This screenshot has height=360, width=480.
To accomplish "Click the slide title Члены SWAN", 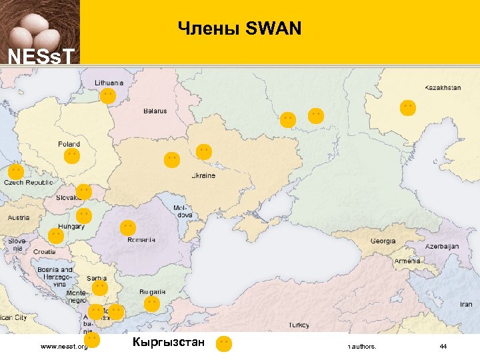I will click(239, 29).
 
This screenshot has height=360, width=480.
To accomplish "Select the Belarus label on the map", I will click(155, 111).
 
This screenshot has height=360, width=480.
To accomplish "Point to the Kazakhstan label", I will click(443, 87).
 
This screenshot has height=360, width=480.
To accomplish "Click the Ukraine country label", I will click(203, 176).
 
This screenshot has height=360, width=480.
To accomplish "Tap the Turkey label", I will click(298, 325).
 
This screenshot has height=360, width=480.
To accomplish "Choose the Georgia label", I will click(383, 241).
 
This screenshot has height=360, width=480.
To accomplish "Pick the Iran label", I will click(465, 304).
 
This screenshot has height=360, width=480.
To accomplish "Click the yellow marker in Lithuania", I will click(108, 96).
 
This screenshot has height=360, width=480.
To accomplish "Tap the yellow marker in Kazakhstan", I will click(408, 107).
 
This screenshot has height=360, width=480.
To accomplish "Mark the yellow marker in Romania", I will click(127, 227).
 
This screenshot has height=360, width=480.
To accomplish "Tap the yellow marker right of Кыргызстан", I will click(225, 344).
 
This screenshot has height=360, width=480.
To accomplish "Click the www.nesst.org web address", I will click(64, 347).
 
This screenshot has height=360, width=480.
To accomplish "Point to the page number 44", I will click(443, 347).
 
